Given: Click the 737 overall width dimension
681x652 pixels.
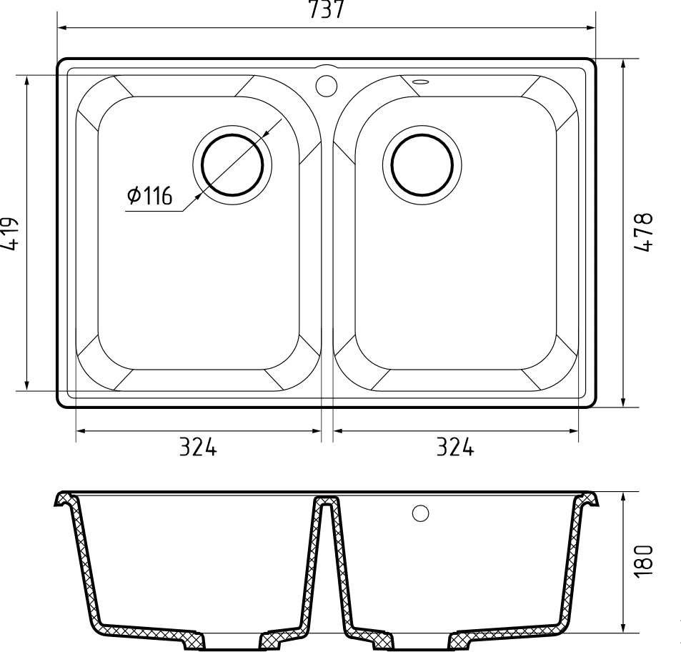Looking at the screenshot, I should pyautogui.click(x=326, y=10).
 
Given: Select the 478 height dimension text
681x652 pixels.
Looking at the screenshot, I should pyautogui.click(x=645, y=232).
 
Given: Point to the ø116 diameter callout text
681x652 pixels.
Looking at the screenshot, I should pyautogui.click(x=150, y=196).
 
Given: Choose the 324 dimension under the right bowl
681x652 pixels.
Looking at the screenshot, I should pyautogui.click(x=454, y=448).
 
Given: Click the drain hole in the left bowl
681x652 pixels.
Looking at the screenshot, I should pyautogui.click(x=232, y=164).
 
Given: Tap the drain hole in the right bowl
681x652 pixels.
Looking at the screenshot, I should pyautogui.click(x=421, y=163).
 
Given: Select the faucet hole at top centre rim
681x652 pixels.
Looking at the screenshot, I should pyautogui.click(x=326, y=84).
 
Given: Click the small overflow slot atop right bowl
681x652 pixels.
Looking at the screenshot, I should pyautogui.click(x=420, y=81).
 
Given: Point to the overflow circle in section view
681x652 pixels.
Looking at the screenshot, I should pyautogui.click(x=421, y=513).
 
